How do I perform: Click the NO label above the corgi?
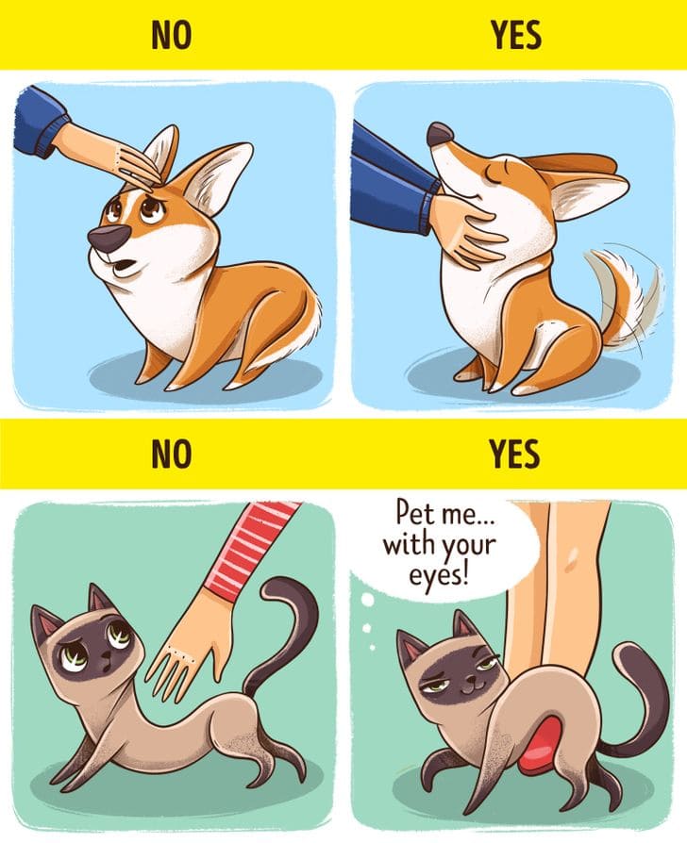pyautogui.click(x=171, y=35)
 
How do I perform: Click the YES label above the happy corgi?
pyautogui.click(x=515, y=35)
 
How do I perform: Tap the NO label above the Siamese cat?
pyautogui.click(x=171, y=454)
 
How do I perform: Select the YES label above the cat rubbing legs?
pyautogui.click(x=514, y=454)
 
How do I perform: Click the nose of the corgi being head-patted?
pyautogui.click(x=108, y=238)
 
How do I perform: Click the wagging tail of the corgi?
pyautogui.click(x=624, y=290)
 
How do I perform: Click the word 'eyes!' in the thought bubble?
pyautogui.click(x=439, y=575)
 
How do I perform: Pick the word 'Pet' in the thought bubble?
pyautogui.click(x=414, y=512)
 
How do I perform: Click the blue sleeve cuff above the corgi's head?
pyautogui.click(x=54, y=137)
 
